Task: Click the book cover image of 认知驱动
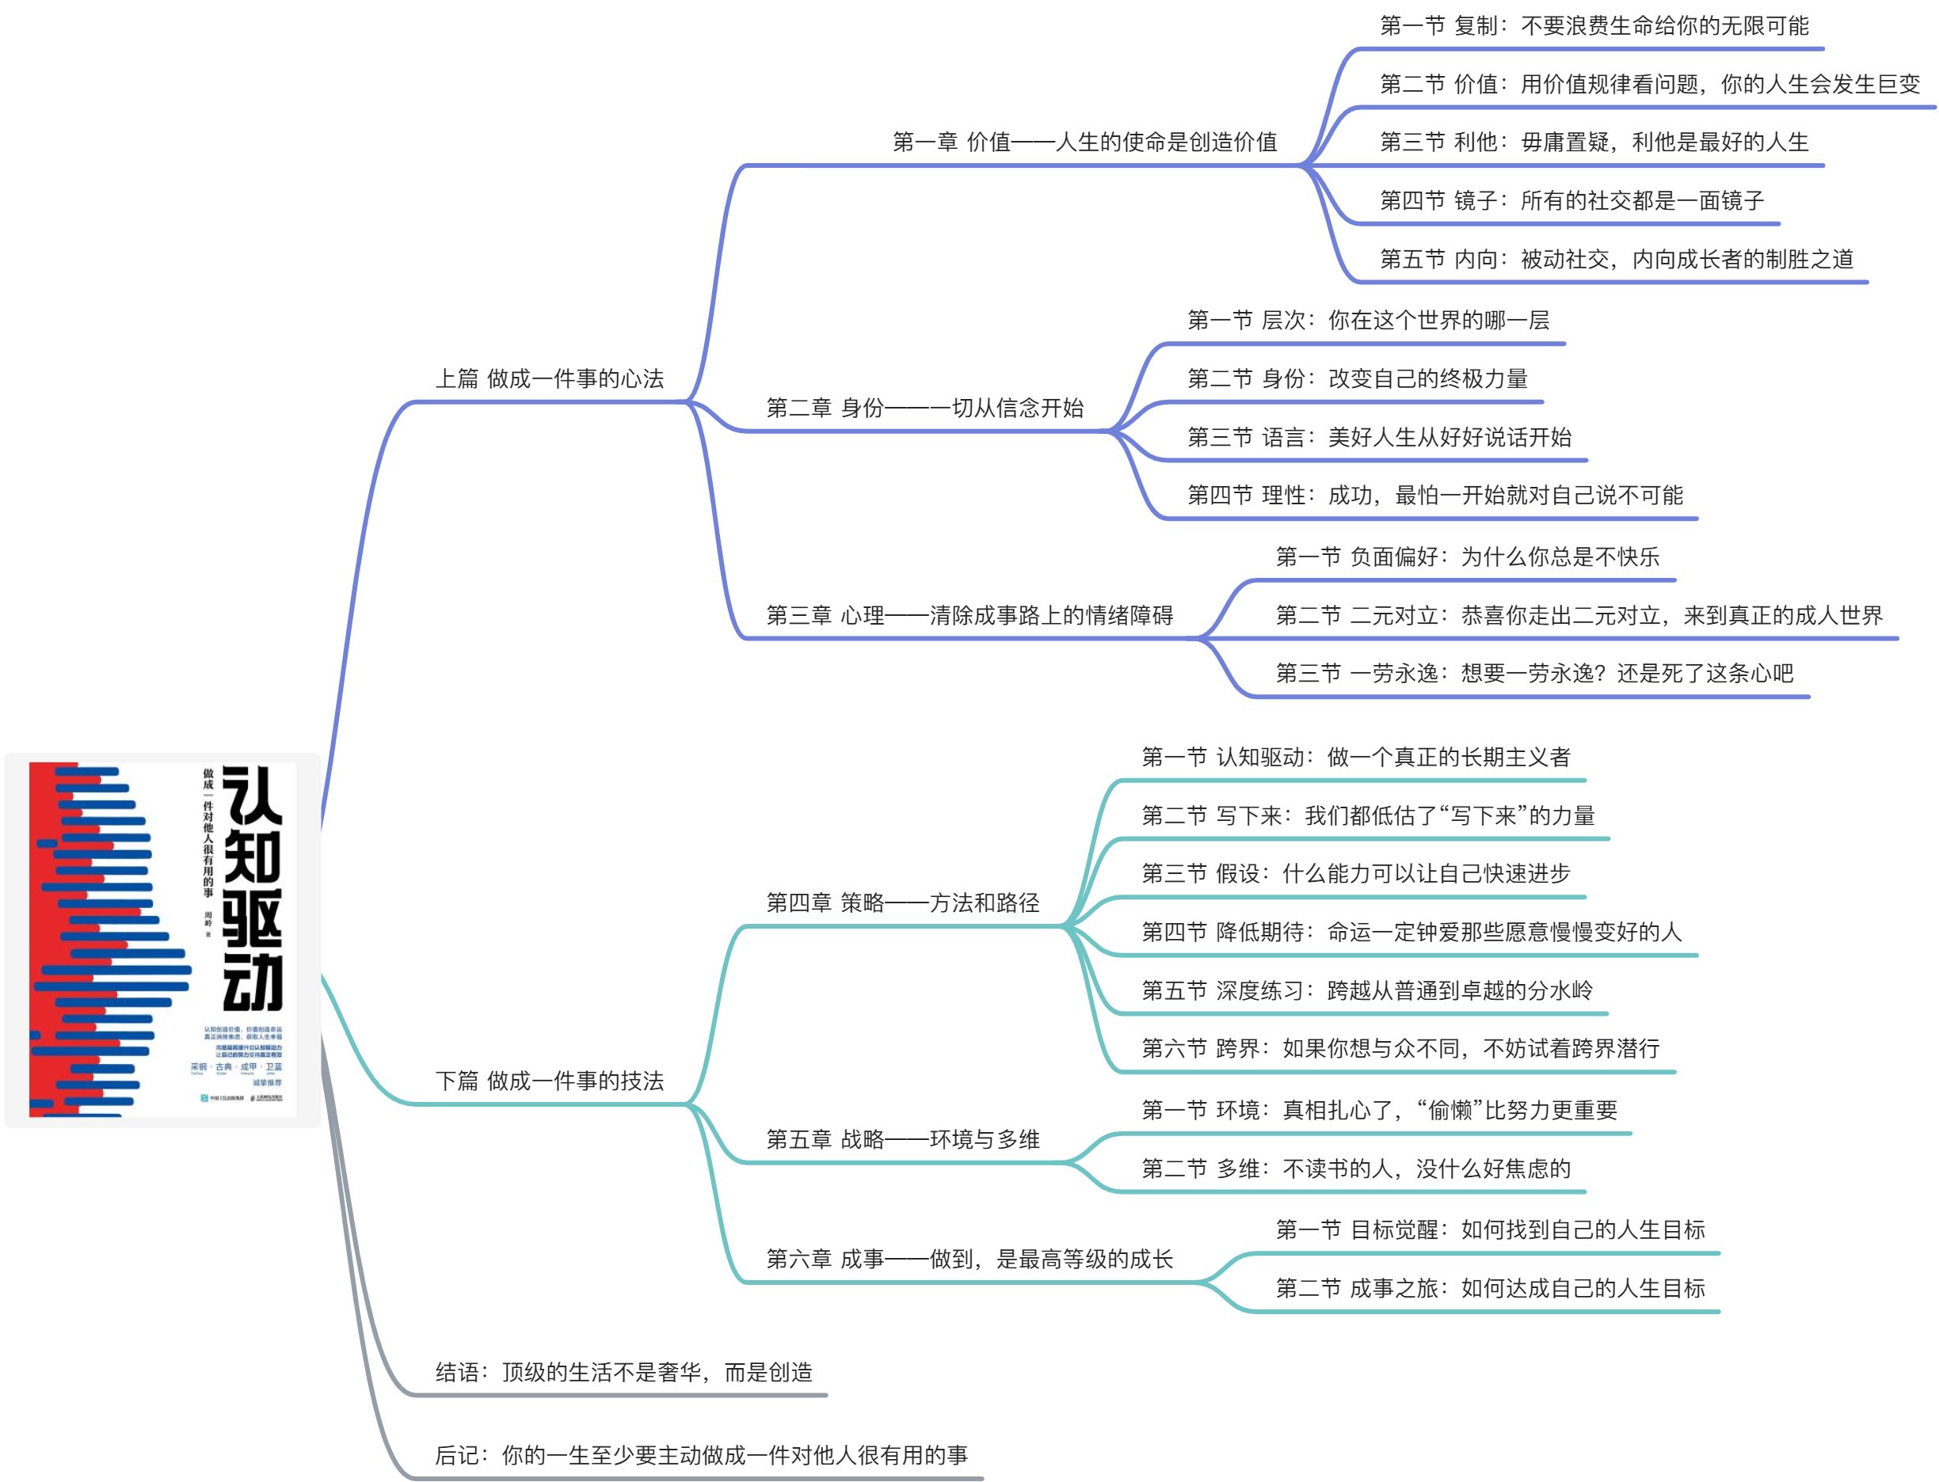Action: tap(162, 939)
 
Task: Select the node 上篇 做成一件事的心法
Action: tap(549, 379)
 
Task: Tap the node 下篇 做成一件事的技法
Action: tap(549, 1081)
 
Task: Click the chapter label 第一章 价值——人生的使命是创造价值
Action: tap(1084, 142)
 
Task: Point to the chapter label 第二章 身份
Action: tap(924, 408)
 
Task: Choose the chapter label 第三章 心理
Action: tap(969, 616)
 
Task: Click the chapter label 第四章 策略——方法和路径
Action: tap(902, 902)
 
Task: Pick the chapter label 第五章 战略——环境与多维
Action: tap(902, 1140)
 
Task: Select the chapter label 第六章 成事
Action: tap(969, 1259)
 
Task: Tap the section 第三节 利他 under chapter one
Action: tap(1593, 142)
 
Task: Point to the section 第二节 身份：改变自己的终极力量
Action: tap(1357, 378)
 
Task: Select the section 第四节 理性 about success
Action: tap(1434, 495)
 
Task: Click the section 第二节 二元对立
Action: tap(1578, 616)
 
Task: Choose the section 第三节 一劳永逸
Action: tap(1534, 674)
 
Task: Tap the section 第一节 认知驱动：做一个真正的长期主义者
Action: tap(1354, 757)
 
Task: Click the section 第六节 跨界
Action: tap(1400, 1048)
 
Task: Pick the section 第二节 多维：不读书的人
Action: tap(1354, 1168)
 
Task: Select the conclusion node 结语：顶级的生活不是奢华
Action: tap(623, 1372)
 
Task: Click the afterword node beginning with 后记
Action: tap(701, 1454)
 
